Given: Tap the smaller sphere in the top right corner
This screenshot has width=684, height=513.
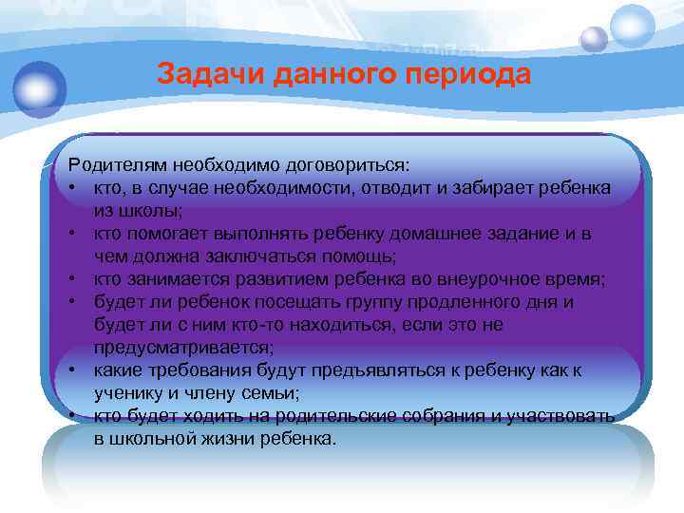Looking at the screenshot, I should (594, 39).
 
